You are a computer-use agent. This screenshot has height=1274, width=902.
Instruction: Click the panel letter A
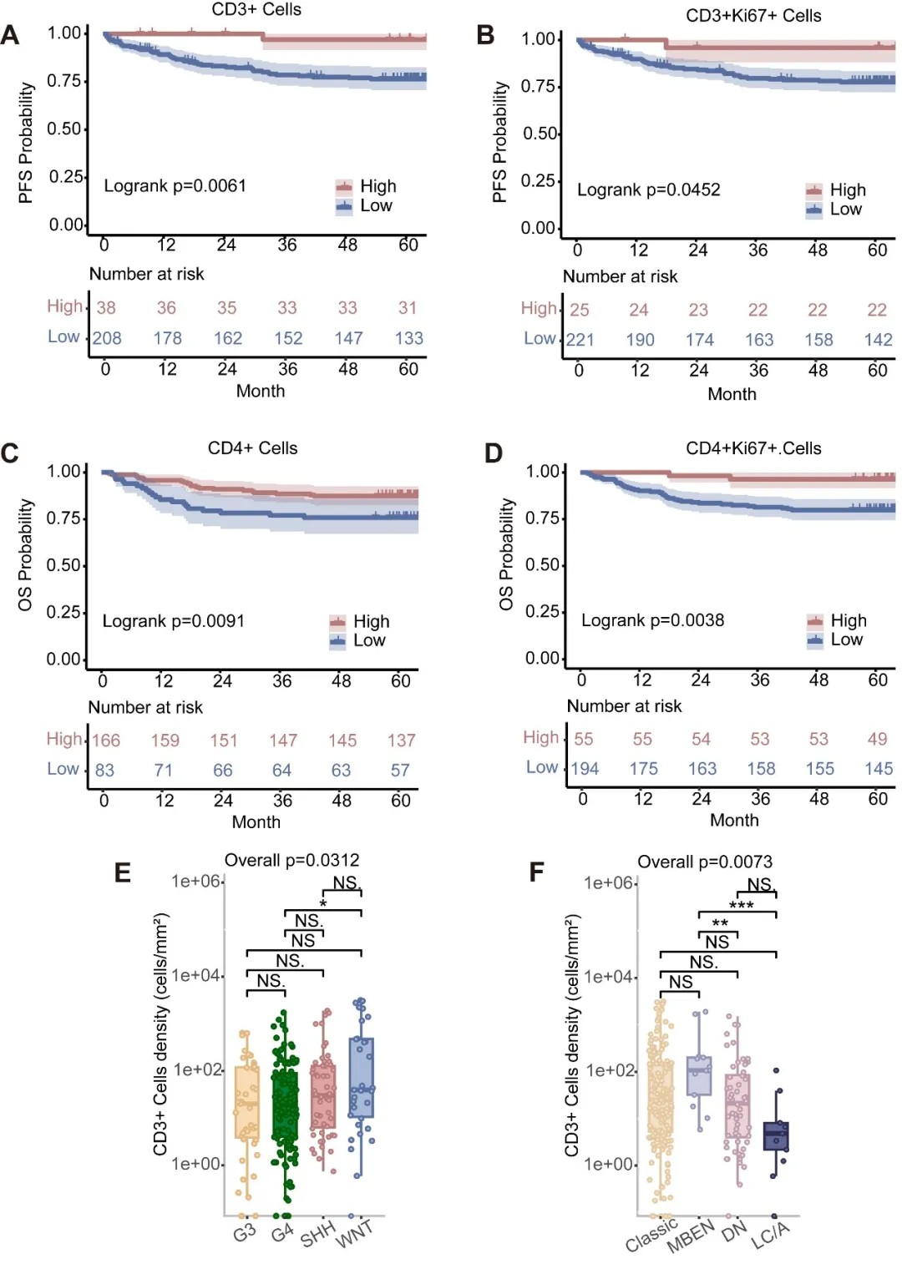10,35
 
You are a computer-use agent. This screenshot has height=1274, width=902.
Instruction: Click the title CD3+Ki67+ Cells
753,16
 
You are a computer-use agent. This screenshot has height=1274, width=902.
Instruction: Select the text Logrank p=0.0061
175,185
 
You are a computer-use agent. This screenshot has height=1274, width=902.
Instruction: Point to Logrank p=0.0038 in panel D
652,620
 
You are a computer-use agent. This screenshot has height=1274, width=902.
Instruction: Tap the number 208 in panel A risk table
107,338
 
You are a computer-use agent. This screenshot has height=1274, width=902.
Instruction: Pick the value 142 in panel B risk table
878,340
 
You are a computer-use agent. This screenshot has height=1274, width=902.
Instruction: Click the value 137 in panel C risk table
401,741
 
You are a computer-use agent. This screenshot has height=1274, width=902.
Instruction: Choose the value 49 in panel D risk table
877,739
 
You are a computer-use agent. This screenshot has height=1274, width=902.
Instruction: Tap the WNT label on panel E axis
354,1234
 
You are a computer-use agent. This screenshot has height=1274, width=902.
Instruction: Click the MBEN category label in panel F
691,1236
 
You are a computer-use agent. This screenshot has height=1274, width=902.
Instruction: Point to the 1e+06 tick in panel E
196,881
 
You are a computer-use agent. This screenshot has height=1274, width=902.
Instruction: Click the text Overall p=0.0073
705,862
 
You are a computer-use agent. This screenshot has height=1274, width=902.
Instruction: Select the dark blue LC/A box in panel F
776,1136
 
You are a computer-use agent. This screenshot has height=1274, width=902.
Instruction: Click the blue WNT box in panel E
361,1077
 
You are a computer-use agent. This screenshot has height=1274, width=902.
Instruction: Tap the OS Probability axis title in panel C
26,554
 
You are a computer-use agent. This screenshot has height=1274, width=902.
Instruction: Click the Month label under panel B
732,394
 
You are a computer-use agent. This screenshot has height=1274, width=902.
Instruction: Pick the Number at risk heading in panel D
624,706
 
